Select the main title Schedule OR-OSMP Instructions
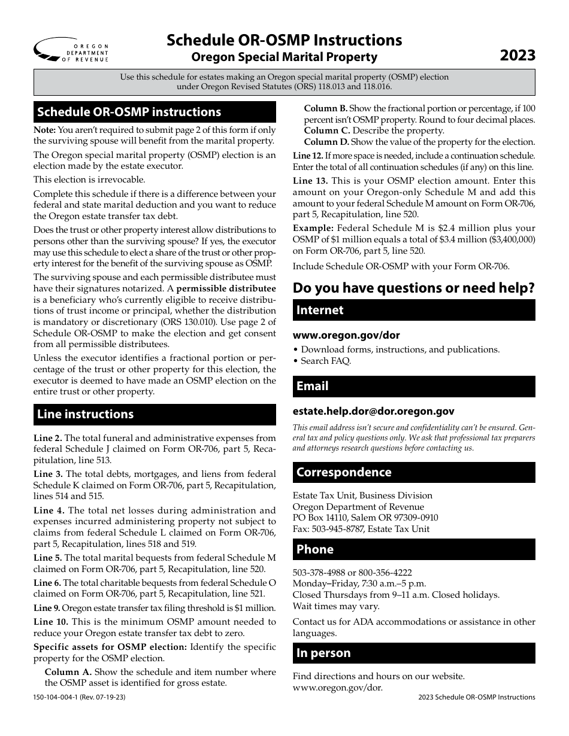(284, 40)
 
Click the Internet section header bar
(413, 310)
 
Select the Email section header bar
(413, 386)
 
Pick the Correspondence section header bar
(413, 472)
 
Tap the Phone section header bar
(413, 549)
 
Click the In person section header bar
(413, 653)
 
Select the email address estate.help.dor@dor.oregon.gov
(373, 411)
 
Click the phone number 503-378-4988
(317, 572)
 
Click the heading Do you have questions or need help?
(413, 288)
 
